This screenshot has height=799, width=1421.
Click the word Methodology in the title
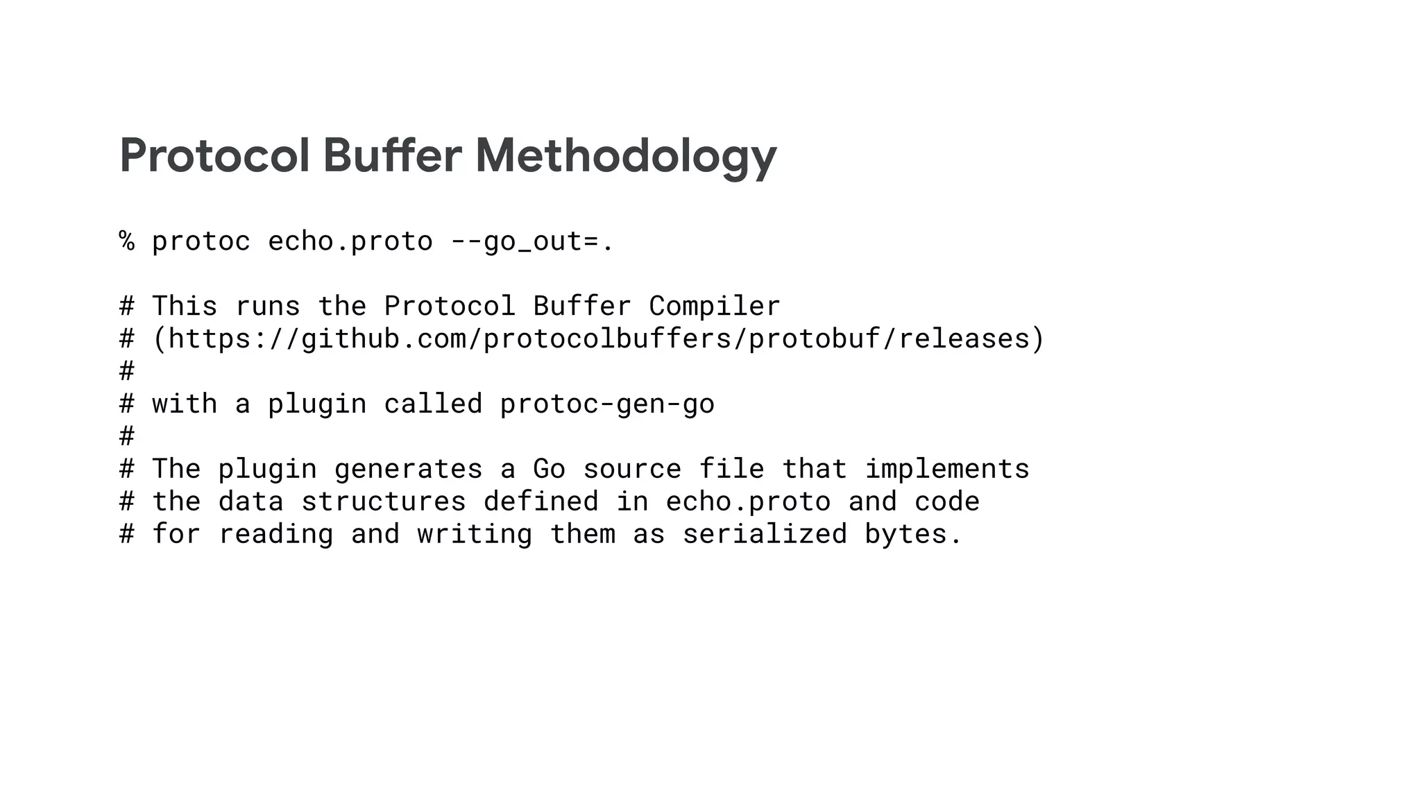coord(626,156)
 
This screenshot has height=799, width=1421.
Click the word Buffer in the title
coord(392,156)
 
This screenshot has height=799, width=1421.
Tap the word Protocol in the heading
coord(214,156)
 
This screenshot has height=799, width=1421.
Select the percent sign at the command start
coord(127,241)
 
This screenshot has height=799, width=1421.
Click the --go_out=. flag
coord(532,241)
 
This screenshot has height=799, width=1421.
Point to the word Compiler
coord(715,306)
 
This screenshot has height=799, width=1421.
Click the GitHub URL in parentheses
coord(598,338)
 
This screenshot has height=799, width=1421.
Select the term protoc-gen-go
coord(607,404)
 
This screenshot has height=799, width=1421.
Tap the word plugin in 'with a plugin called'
coord(317,404)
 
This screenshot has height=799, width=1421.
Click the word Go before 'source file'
coord(549,469)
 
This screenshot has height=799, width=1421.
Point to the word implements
coord(947,469)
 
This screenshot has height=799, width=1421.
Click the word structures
coord(383,501)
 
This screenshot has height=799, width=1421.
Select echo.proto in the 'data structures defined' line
coord(748,501)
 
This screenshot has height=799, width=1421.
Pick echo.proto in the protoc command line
coord(350,241)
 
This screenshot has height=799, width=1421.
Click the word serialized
coord(765,534)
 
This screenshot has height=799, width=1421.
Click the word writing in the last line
coord(475,534)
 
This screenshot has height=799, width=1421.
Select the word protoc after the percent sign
coord(201,241)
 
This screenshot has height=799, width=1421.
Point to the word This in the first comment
coord(185,306)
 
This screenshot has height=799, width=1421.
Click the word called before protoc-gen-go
coord(433,404)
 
